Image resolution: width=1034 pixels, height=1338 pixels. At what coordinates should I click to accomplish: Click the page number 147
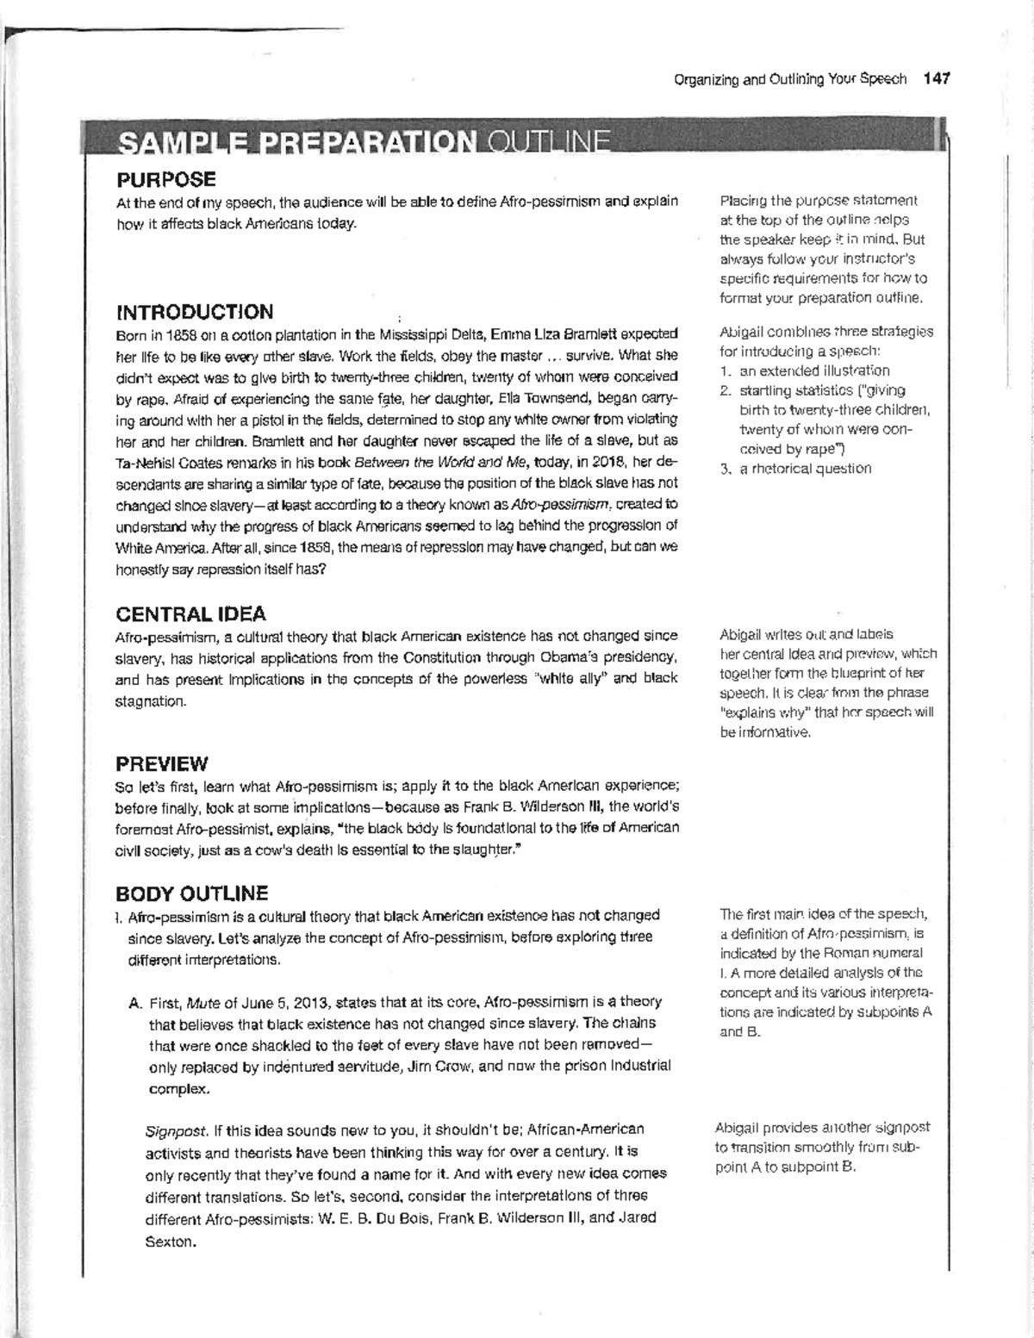[936, 78]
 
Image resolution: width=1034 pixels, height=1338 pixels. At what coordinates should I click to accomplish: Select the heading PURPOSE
[166, 179]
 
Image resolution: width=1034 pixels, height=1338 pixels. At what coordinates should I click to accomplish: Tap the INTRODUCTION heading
[195, 311]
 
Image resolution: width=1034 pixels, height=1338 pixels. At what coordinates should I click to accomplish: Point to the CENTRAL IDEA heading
[190, 613]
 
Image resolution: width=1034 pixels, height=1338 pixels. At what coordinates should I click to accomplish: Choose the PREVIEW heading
[162, 763]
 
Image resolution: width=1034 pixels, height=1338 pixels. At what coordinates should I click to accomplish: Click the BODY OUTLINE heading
[192, 893]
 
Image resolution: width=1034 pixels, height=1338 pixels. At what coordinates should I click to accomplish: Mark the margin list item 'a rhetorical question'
[805, 469]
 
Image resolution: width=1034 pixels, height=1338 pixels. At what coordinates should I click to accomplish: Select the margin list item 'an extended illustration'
[814, 370]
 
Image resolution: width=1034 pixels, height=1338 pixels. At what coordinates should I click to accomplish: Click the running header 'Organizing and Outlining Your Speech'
[790, 78]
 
